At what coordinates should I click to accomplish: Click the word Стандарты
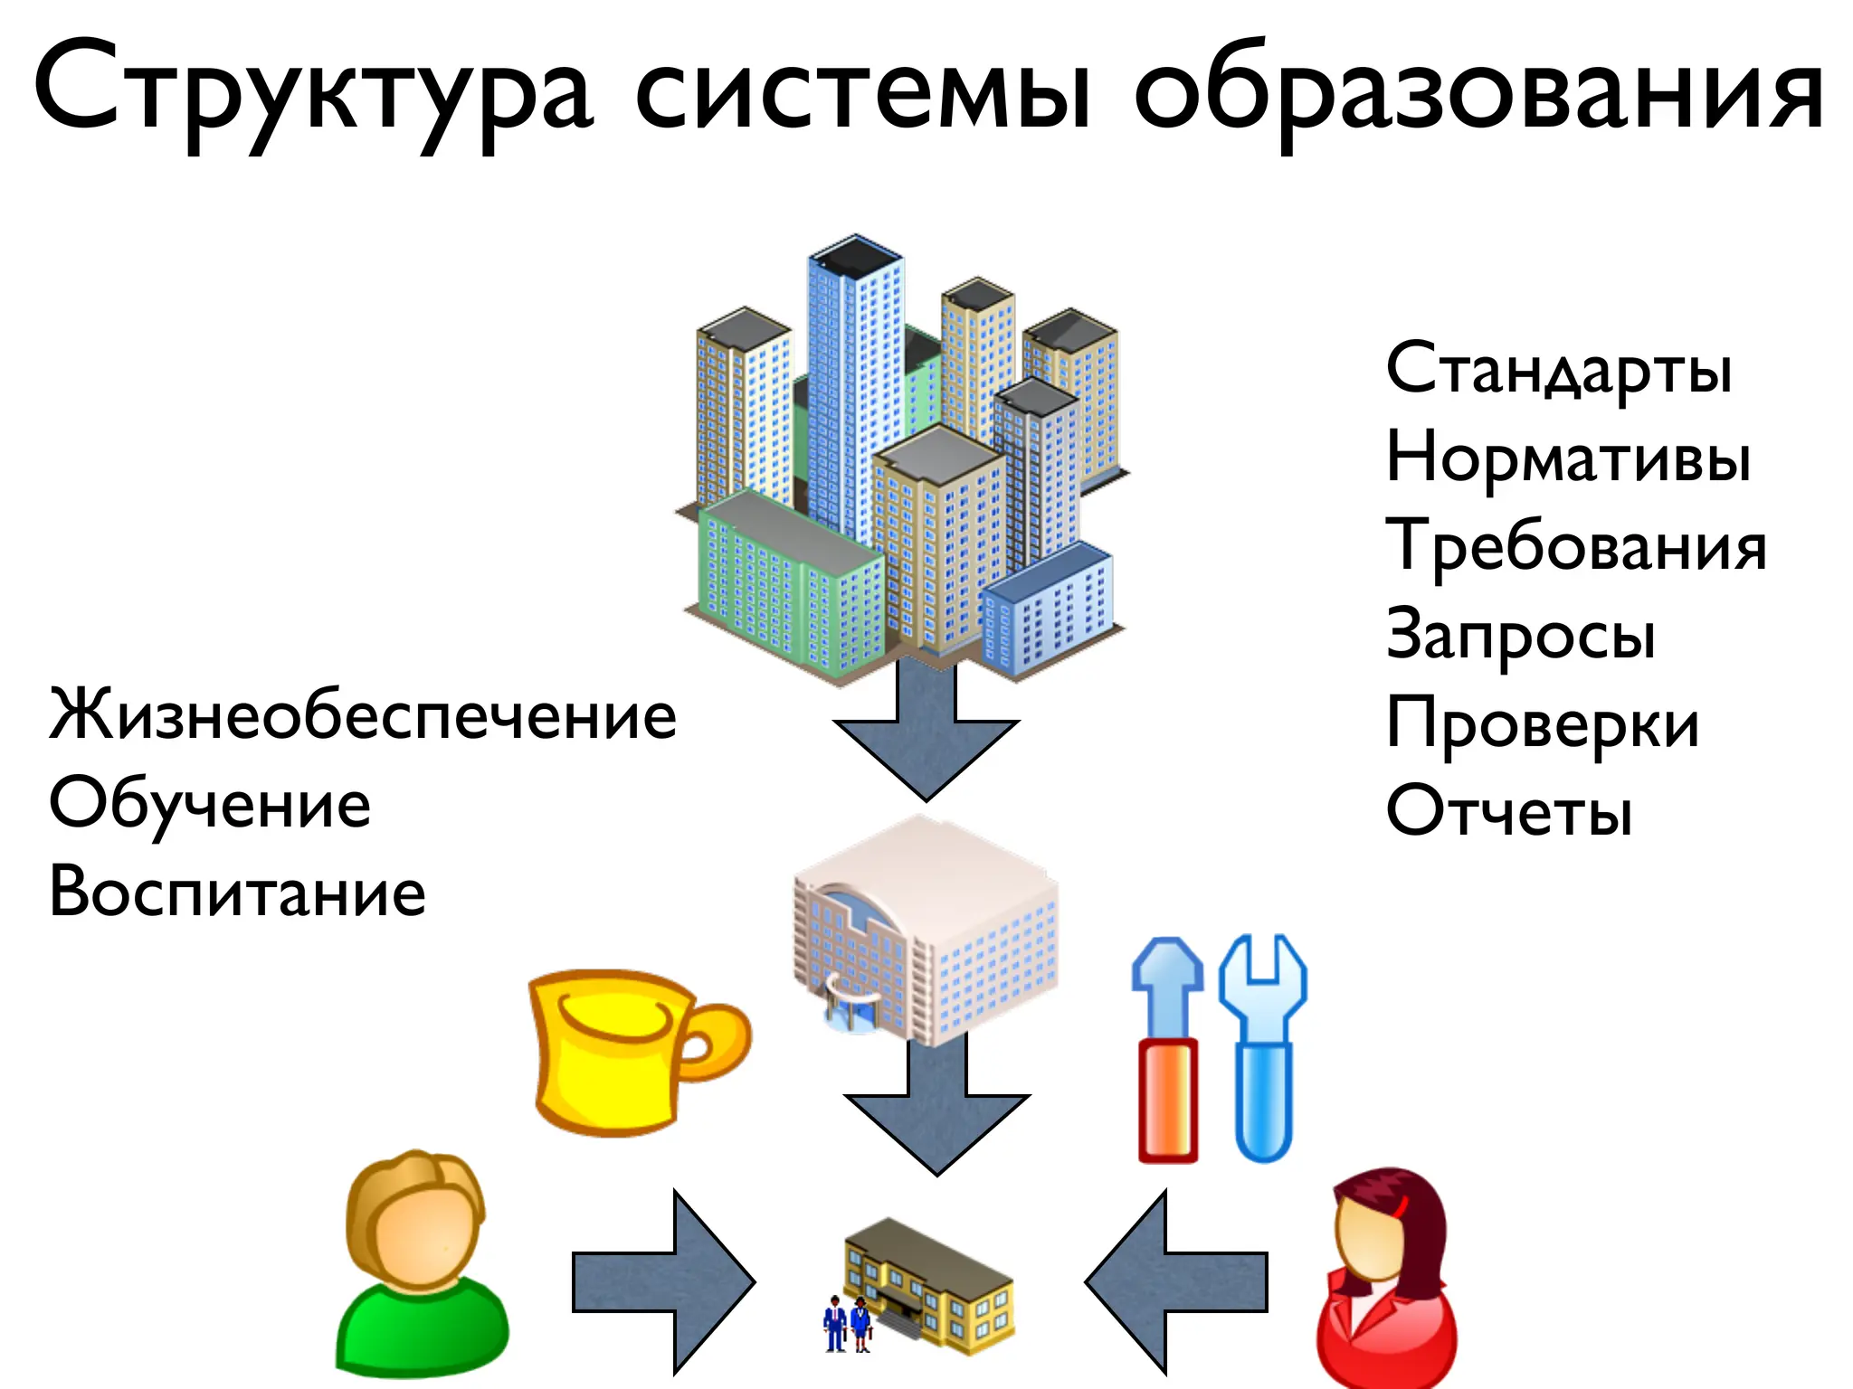1558,369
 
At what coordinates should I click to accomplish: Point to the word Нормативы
1568,458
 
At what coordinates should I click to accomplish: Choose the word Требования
1575,546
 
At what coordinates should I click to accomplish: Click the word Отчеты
1509,810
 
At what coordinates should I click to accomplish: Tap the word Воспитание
237,893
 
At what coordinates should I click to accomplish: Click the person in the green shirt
421,1266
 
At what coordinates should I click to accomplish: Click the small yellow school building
927,1284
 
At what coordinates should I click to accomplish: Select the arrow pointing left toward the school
1176,1281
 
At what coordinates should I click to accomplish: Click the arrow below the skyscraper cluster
926,732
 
